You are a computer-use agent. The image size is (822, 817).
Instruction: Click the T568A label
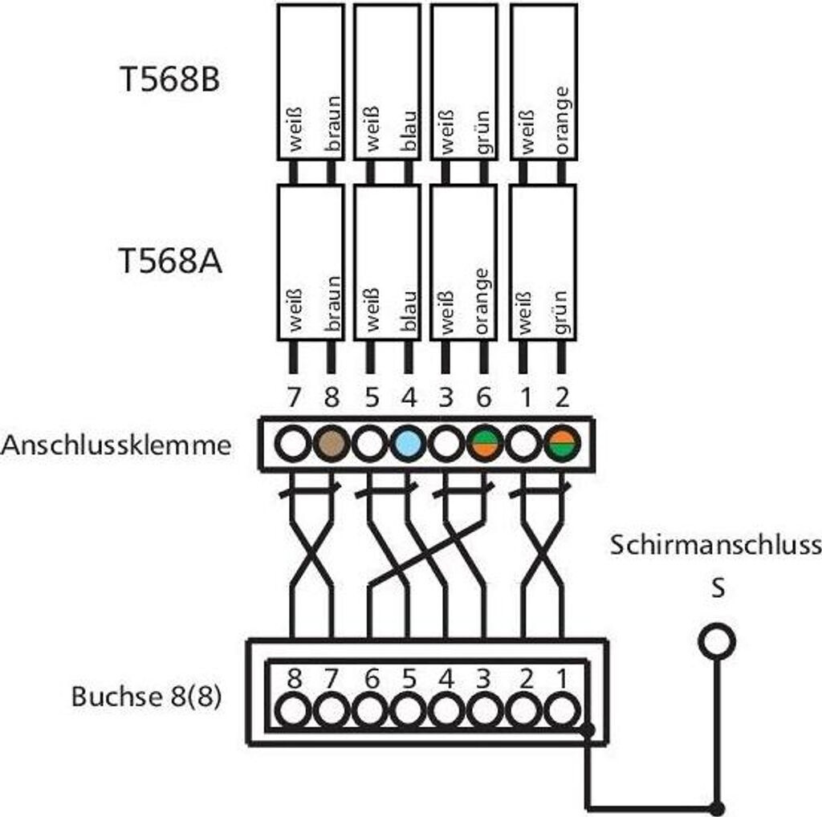click(x=169, y=262)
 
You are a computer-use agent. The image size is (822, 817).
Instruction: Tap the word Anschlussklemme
click(x=116, y=445)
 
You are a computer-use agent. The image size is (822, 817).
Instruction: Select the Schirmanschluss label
click(x=715, y=546)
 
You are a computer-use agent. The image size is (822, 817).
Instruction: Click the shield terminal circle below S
click(x=716, y=640)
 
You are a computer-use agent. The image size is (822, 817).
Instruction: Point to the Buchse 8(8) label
click(x=147, y=696)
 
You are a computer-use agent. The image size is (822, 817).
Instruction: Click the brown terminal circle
click(x=332, y=444)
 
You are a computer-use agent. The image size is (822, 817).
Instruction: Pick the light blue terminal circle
click(x=409, y=444)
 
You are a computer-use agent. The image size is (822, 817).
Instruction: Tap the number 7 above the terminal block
click(x=294, y=396)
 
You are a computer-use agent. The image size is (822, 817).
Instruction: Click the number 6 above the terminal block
click(x=483, y=396)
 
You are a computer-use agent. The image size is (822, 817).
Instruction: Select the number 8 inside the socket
click(x=295, y=679)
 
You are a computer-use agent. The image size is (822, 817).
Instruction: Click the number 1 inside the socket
click(x=562, y=679)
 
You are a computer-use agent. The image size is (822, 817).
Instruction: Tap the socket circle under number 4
click(x=446, y=710)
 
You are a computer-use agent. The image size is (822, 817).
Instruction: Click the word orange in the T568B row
click(x=562, y=120)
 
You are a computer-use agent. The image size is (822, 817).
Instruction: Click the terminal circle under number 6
click(x=485, y=444)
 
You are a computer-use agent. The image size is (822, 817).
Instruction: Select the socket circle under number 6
click(x=369, y=710)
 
